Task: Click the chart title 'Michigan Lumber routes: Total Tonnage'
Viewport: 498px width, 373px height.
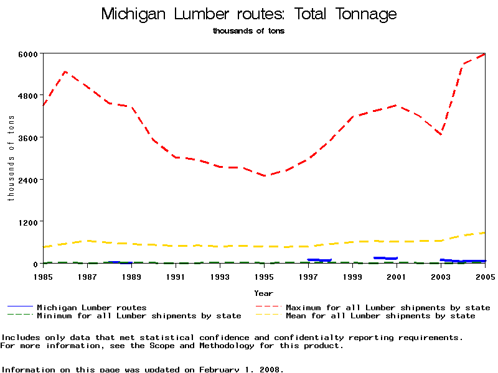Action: pyautogui.click(x=248, y=14)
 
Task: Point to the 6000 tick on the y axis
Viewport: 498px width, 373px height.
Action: pyautogui.click(x=29, y=54)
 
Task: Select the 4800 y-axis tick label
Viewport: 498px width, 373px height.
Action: pyautogui.click(x=29, y=96)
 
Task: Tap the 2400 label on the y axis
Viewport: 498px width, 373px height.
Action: pyautogui.click(x=29, y=180)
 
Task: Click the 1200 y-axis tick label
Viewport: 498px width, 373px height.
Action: pyautogui.click(x=29, y=222)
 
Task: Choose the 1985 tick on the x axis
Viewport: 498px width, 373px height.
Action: pyautogui.click(x=43, y=276)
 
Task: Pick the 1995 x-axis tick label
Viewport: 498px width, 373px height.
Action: pyautogui.click(x=264, y=276)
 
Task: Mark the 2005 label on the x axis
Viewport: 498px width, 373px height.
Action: pyautogui.click(x=485, y=276)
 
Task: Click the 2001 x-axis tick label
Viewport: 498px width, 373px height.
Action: pyautogui.click(x=397, y=276)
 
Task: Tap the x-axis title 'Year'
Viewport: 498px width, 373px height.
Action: pyautogui.click(x=263, y=293)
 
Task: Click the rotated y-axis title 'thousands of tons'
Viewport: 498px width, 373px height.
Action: pyautogui.click(x=11, y=159)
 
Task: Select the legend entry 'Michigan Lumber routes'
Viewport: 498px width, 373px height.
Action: pyautogui.click(x=92, y=307)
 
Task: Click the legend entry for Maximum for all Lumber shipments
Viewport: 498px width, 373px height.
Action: pyautogui.click(x=387, y=307)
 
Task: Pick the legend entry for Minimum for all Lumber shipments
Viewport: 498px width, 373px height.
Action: pyautogui.click(x=138, y=316)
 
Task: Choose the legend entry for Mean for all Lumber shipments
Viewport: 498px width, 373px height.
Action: pyautogui.click(x=380, y=316)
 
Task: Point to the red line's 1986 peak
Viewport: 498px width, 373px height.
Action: pyautogui.click(x=65, y=72)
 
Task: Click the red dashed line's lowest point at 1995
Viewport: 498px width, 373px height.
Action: pyautogui.click(x=264, y=176)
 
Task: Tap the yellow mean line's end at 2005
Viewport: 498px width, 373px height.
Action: pyautogui.click(x=484, y=233)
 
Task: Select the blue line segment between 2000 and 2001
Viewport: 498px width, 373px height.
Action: pyautogui.click(x=385, y=258)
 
